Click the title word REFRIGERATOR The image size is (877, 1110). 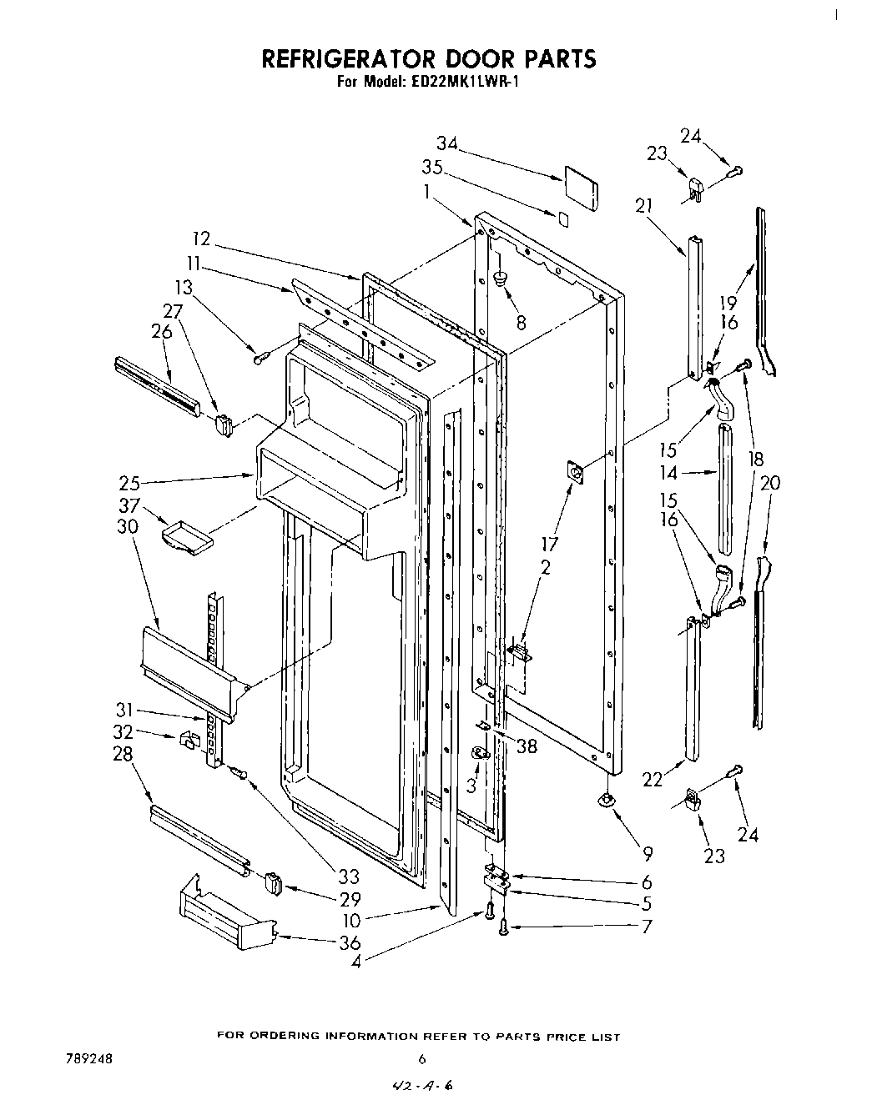[x=354, y=58]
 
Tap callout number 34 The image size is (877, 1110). [x=447, y=143]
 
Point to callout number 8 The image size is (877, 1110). [x=521, y=323]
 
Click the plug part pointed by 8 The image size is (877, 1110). [x=501, y=279]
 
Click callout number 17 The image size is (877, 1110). [x=549, y=545]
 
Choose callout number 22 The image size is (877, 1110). [x=653, y=780]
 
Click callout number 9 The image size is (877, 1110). [x=648, y=853]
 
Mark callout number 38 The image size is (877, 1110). [x=526, y=746]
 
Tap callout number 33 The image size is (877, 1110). [x=348, y=876]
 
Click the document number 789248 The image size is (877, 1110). [x=88, y=1058]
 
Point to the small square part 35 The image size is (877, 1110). [x=564, y=219]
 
